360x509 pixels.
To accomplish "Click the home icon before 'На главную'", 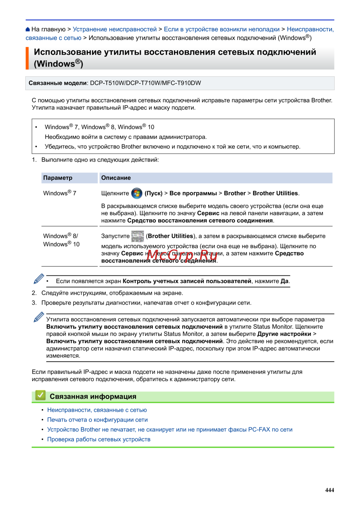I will click(x=28, y=30).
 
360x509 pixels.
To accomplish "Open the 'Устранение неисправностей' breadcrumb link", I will click(x=114, y=30).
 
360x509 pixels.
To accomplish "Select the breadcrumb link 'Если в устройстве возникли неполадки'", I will click(x=221, y=30).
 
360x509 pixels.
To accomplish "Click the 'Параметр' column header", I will click(x=58, y=178).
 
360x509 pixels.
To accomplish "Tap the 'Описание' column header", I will click(x=116, y=178).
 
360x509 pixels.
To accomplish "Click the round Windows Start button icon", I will click(x=136, y=193).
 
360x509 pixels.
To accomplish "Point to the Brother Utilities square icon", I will click(x=138, y=236).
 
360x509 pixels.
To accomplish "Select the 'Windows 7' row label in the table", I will click(x=60, y=193).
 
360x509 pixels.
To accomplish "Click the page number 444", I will click(x=329, y=490).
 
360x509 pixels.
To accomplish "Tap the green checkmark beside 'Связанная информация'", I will click(x=40, y=396).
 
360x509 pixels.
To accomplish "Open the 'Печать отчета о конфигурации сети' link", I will click(x=97, y=420).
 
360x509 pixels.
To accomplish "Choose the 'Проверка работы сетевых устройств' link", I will click(x=99, y=439).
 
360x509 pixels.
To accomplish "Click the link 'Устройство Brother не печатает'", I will click(x=170, y=429).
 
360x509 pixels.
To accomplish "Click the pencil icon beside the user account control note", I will click(x=39, y=279).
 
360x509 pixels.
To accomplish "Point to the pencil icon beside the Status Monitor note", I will click(x=39, y=317).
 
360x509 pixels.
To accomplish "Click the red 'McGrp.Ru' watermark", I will click(x=182, y=255).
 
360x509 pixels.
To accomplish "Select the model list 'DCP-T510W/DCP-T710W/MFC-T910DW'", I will click(x=145, y=83).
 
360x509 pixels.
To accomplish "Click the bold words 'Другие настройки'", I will click(x=284, y=334).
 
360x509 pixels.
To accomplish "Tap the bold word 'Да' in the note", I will click(x=284, y=281).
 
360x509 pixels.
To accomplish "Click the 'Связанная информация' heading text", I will click(x=93, y=396).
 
